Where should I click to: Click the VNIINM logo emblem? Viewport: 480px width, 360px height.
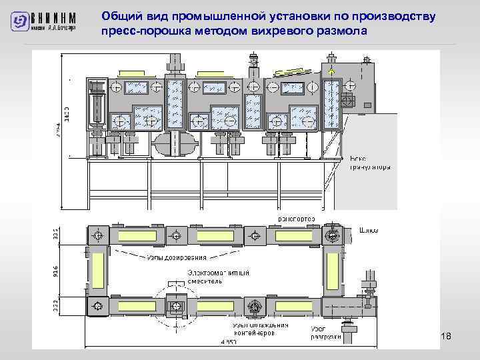pyautogui.click(x=21, y=22)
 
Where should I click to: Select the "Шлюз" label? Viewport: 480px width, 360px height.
pyautogui.click(x=369, y=231)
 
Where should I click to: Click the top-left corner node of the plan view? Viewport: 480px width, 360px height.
pyautogui.click(x=98, y=235)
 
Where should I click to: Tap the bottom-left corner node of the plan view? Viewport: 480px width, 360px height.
pyautogui.click(x=98, y=306)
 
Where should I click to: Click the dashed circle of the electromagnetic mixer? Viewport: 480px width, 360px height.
pyautogui.click(x=176, y=305)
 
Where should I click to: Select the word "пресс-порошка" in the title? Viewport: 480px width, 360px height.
pyautogui.click(x=139, y=31)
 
